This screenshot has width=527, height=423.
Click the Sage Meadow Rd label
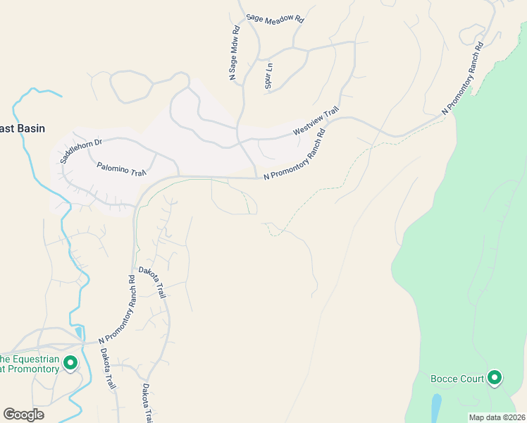click(275, 19)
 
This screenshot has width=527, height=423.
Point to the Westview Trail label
click(316, 121)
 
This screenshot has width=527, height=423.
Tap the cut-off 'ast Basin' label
click(23, 128)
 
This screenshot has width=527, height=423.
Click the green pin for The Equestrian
click(70, 363)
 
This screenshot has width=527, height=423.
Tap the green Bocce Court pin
click(495, 379)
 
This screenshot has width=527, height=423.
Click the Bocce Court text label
click(457, 379)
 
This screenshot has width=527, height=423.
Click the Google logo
click(23, 415)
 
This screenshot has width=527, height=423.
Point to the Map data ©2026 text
click(496, 417)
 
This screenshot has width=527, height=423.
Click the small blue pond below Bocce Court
click(436, 407)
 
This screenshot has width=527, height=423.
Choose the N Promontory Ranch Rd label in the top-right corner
click(462, 78)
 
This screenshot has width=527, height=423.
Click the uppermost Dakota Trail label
click(152, 282)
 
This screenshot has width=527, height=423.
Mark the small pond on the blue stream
click(77, 332)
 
